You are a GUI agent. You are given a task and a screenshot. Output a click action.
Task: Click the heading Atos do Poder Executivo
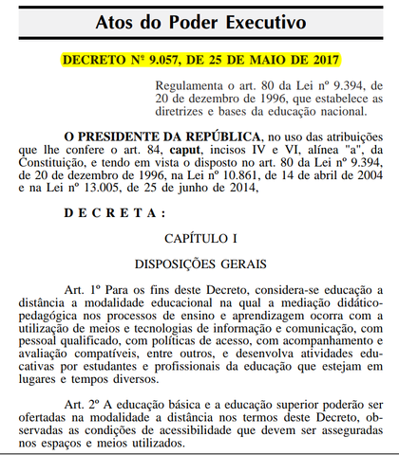click(199, 21)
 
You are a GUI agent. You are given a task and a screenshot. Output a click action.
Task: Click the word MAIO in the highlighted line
click(272, 58)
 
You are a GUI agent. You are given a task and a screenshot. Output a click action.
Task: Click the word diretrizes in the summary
click(187, 114)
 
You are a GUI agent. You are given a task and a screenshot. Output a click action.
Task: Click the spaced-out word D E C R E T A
click(113, 213)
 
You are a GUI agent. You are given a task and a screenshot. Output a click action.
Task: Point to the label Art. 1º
click(81, 288)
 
